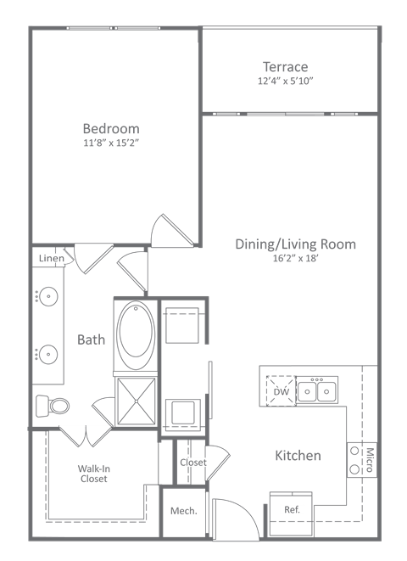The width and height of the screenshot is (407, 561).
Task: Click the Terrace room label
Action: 284,66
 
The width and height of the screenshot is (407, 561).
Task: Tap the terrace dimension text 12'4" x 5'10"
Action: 285,81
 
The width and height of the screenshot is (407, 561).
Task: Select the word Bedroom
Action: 110,128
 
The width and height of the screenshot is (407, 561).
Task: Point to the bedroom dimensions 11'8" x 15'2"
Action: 110,143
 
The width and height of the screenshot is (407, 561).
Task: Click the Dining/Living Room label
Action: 295,244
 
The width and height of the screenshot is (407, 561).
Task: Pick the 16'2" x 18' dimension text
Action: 295,259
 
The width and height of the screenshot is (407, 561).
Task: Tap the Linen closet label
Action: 51,257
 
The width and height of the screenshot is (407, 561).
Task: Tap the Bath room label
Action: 92,339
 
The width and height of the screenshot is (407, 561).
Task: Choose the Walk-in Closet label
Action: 92,473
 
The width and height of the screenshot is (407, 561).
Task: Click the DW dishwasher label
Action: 280,392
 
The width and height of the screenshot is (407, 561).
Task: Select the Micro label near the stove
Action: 370,460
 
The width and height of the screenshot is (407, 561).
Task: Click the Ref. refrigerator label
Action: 293,509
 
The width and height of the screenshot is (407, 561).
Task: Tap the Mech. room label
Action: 184,511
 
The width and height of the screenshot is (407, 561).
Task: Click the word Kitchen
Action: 298,456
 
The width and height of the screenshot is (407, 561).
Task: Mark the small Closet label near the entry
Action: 192,463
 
